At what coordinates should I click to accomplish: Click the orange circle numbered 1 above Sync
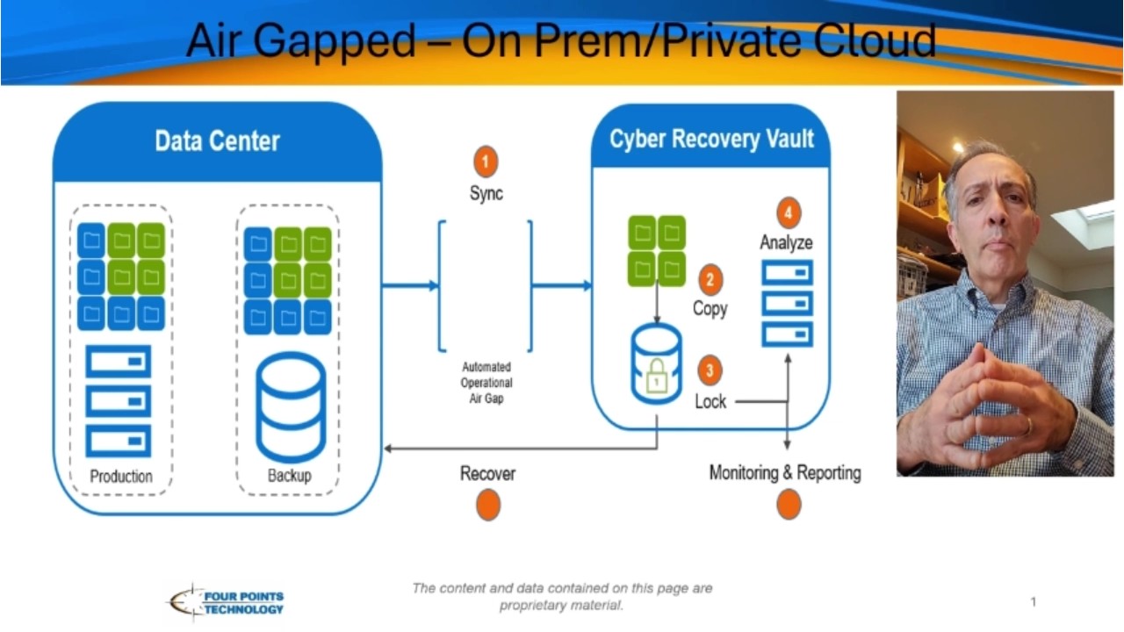click(x=486, y=162)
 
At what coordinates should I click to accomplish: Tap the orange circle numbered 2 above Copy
click(x=710, y=281)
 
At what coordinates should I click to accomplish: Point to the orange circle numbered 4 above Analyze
click(x=789, y=212)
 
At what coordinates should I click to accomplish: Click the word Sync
click(x=486, y=194)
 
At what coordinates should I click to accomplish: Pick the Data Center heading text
click(x=217, y=141)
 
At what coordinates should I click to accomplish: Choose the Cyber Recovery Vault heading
click(x=711, y=139)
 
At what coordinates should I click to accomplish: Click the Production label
click(x=121, y=477)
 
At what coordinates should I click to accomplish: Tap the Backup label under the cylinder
click(x=289, y=477)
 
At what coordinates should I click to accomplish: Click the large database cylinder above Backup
click(x=290, y=407)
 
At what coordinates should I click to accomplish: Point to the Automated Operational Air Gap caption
click(x=486, y=383)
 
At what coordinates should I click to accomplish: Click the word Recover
click(x=487, y=474)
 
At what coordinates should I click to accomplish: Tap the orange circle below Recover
click(x=488, y=506)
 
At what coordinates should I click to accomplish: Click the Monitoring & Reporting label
click(x=785, y=473)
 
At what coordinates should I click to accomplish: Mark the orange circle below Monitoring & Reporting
click(x=789, y=505)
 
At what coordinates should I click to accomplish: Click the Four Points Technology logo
click(x=227, y=602)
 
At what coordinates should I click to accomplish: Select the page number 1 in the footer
click(x=1034, y=602)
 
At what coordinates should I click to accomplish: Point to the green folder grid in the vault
click(x=657, y=251)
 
